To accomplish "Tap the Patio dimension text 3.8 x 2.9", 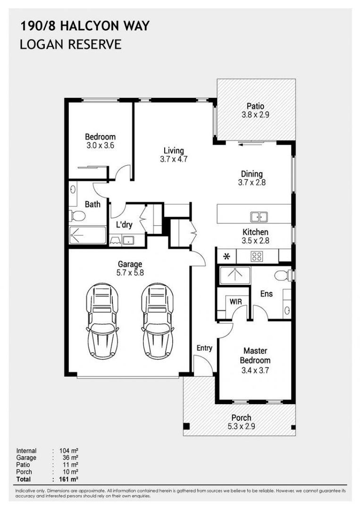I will pos(255,114).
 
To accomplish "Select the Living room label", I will pos(170,151).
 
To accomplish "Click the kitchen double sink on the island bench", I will pos(258,217).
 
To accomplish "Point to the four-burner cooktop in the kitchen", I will pos(257,256).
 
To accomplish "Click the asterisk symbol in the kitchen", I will pos(226,257).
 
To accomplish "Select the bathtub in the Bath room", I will pos(88,235).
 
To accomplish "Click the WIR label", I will pos(235,300).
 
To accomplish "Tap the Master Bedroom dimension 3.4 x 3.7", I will pos(255,370).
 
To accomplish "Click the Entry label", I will pos(204,348).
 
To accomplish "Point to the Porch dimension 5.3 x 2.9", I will pos(241,426).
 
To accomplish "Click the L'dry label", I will pos(124,225).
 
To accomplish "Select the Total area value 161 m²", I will pos(68,479).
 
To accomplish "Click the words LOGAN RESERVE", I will pos(70,44).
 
